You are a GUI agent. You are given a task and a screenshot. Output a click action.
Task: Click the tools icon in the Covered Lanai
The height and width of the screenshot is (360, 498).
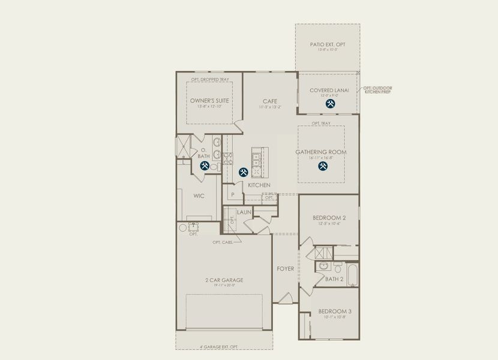point(330,104)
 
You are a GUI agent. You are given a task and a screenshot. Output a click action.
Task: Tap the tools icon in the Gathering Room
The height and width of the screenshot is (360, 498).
point(322,166)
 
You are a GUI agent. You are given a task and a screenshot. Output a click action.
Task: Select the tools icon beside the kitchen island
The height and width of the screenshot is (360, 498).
point(243,172)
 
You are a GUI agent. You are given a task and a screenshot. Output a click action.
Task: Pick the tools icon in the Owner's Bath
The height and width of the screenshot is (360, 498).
point(204,166)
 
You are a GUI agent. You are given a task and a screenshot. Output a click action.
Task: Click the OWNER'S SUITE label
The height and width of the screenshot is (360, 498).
point(209,100)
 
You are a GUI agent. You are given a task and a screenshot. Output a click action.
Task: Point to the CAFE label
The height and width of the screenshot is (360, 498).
point(269,101)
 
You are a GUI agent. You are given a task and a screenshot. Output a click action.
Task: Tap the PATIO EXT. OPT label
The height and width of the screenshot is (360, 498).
point(328,44)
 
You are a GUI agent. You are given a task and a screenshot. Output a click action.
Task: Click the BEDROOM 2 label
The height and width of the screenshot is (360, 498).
point(329,217)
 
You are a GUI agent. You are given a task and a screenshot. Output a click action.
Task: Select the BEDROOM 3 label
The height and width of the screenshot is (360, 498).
point(335,311)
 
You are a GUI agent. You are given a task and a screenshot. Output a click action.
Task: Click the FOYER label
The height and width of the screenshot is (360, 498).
point(285,268)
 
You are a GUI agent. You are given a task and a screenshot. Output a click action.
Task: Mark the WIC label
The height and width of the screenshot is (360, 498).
point(199,196)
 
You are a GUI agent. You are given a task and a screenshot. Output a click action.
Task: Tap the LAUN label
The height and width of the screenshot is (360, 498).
point(244,212)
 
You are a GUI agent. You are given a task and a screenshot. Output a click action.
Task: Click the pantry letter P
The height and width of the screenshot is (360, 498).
point(232,194)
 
